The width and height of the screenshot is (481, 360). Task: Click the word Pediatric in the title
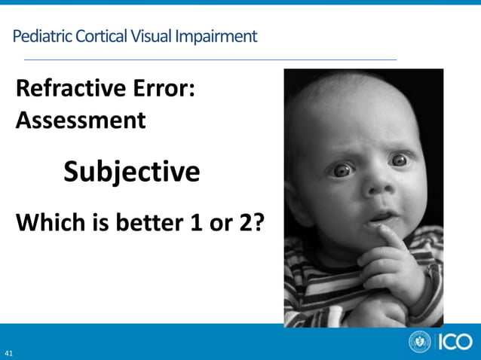(38, 36)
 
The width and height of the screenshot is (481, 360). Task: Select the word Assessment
(81, 120)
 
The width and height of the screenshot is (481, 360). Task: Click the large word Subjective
(132, 172)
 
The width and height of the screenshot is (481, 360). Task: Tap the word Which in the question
(50, 223)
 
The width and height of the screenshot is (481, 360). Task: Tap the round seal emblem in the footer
(420, 342)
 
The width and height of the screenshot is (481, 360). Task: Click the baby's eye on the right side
(400, 160)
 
